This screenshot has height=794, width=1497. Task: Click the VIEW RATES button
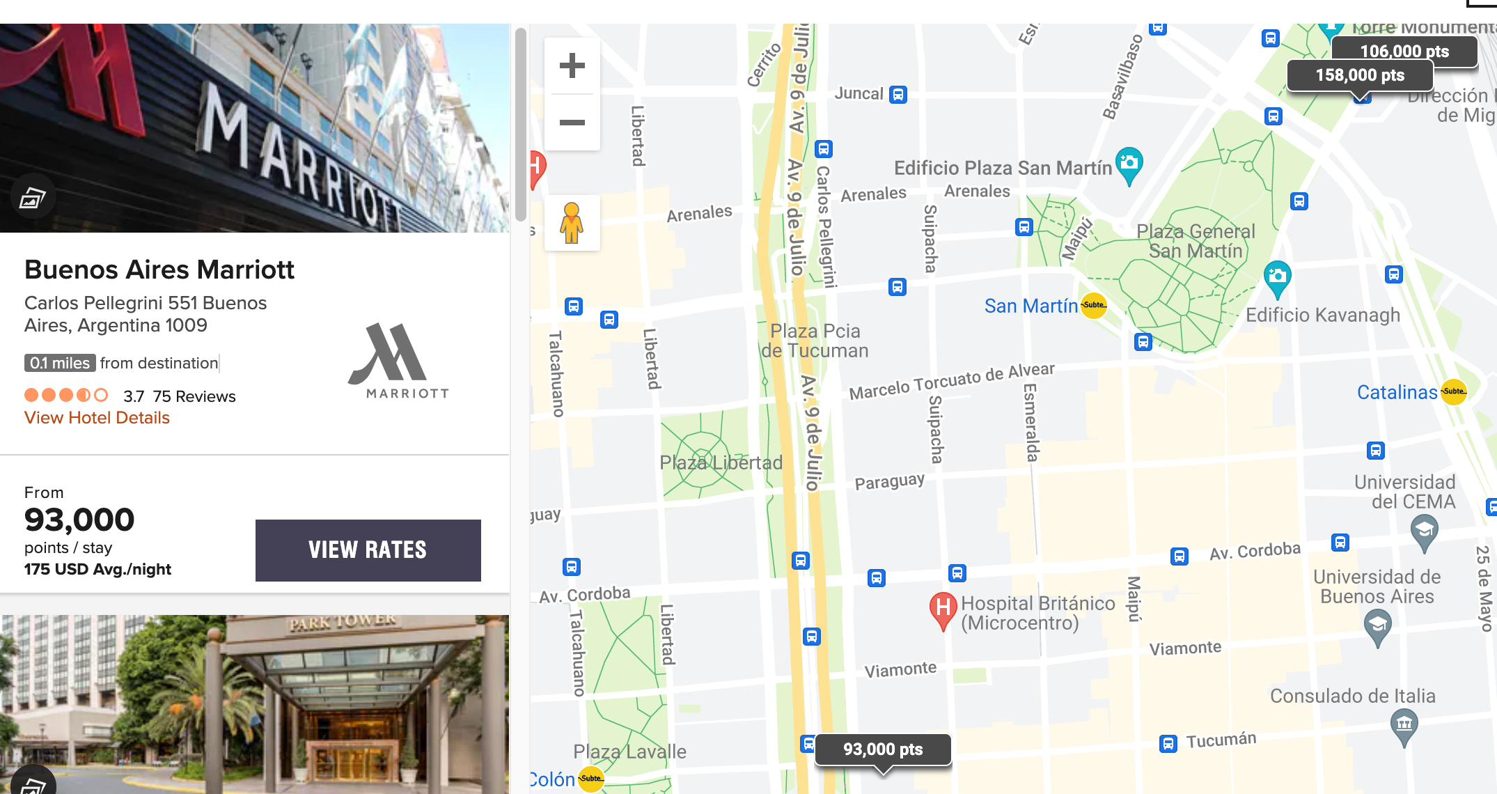click(368, 550)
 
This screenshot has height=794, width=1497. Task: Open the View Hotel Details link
click(97, 418)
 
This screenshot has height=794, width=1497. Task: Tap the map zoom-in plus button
click(572, 66)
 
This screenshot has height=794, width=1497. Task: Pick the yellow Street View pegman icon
click(572, 223)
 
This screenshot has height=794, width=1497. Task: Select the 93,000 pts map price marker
click(882, 749)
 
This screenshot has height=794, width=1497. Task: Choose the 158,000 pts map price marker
click(1359, 75)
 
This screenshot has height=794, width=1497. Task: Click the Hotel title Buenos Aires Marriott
click(159, 270)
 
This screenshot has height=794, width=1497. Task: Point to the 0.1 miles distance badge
click(60, 363)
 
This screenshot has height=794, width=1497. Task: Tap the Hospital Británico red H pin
click(942, 608)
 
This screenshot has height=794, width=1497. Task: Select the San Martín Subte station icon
click(1093, 305)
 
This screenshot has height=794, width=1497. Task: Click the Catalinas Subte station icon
click(1453, 391)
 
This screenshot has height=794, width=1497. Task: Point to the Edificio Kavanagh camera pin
click(1277, 277)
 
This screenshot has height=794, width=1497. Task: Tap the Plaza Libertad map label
click(721, 462)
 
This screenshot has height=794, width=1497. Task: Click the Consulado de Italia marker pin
click(1404, 724)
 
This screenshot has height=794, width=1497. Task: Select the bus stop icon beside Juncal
click(898, 95)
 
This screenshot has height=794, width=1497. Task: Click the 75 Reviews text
click(194, 396)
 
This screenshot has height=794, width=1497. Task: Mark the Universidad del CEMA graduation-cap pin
click(1424, 531)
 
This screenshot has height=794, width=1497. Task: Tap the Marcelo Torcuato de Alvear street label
click(951, 382)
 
